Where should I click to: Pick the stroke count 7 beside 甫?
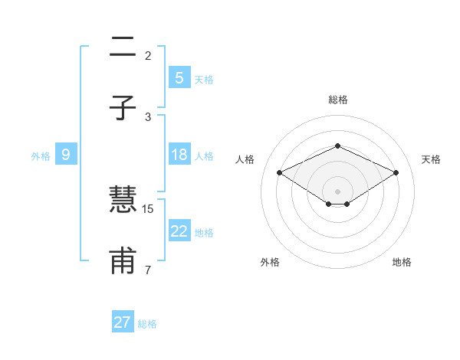pyautogui.click(x=147, y=270)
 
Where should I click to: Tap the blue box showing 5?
pyautogui.click(x=179, y=78)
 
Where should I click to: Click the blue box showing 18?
pyautogui.click(x=179, y=155)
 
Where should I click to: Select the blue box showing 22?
pyautogui.click(x=179, y=231)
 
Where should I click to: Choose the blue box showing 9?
pyautogui.click(x=66, y=155)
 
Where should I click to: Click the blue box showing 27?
pyautogui.click(x=123, y=322)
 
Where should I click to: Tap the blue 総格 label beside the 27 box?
pyautogui.click(x=147, y=324)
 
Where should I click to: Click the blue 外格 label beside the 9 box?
pyautogui.click(x=41, y=156)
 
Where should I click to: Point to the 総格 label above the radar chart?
pyautogui.click(x=337, y=100)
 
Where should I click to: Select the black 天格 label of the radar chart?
pyautogui.click(x=432, y=159)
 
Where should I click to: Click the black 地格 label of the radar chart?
pyautogui.click(x=402, y=262)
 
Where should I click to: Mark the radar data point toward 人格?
pyautogui.click(x=279, y=172)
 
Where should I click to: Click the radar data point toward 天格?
pyautogui.click(x=396, y=172)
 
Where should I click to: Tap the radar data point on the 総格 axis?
pyautogui.click(x=337, y=146)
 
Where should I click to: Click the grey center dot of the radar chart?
pyautogui.click(x=337, y=191)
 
